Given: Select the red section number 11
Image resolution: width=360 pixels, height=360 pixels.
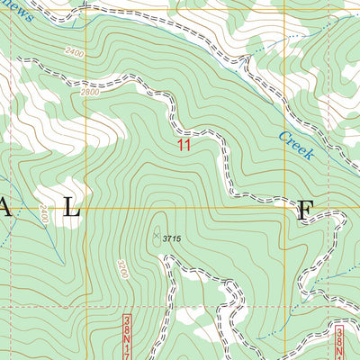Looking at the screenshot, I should pos(184,144).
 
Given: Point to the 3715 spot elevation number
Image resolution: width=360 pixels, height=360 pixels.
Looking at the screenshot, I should pos(180,238).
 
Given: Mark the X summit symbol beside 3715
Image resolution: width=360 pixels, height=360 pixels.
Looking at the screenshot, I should pos(157,236).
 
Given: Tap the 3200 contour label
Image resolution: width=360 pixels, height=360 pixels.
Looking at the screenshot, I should pos(121,270).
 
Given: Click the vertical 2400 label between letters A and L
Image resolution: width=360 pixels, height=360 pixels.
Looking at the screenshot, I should pos(42,215).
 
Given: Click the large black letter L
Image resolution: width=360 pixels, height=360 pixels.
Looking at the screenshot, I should pos(71,210).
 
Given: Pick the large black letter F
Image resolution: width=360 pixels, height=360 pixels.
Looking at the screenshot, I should pos(305,211).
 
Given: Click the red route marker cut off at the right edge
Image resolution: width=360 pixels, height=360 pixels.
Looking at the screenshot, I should pos(339,342).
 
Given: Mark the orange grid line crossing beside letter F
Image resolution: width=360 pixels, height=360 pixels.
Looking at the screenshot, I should pos(286,209).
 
